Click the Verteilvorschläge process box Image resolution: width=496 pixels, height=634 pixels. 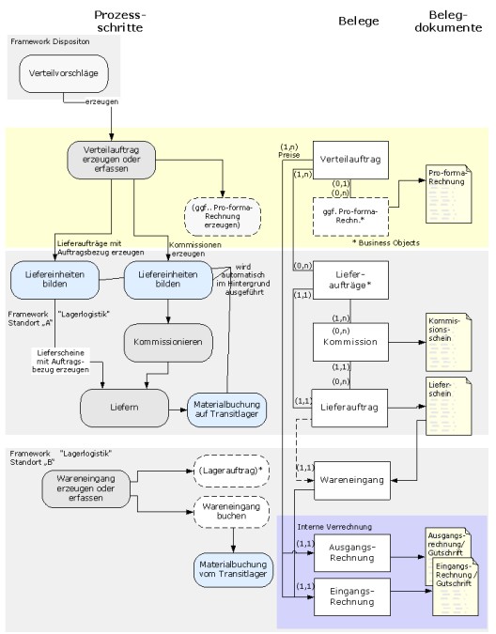tap(64, 73)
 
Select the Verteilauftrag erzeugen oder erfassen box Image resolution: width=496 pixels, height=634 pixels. tap(111, 160)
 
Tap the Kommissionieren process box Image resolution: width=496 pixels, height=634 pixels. tap(168, 343)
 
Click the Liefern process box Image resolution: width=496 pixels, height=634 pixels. tap(125, 408)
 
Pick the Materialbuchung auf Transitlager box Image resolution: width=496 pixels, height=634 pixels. tap(226, 410)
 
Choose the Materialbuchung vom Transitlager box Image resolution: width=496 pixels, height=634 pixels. tap(233, 570)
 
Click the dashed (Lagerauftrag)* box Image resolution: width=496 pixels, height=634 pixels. tap(231, 472)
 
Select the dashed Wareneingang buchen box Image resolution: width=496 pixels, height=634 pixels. tap(231, 512)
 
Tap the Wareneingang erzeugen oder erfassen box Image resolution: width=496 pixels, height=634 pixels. tap(85, 488)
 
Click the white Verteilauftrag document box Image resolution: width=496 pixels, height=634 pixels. tap(350, 160)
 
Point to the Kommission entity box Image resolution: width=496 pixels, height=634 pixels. tap(350, 342)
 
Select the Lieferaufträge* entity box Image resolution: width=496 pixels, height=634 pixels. tap(350, 280)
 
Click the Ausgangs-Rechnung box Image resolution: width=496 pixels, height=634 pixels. tap(352, 552)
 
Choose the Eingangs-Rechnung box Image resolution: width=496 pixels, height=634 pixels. tap(352, 596)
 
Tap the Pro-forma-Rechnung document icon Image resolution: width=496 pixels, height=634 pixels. tap(449, 193)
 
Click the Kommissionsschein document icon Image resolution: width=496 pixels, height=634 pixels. tap(449, 342)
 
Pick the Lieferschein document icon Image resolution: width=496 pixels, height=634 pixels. tap(449, 406)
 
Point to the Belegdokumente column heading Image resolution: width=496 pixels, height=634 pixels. tap(448, 22)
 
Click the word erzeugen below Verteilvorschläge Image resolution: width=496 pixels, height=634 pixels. tap(101, 101)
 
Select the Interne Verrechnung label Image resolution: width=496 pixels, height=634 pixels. tap(334, 527)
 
